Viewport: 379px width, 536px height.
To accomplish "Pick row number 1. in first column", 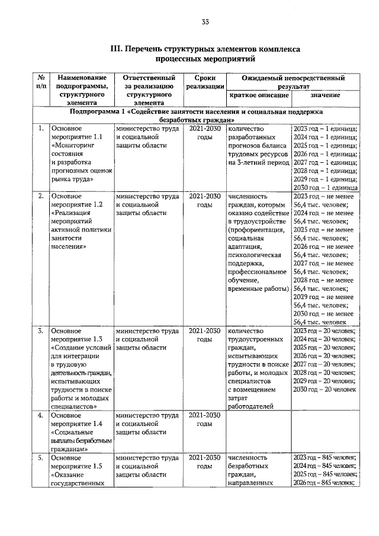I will (39, 128).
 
